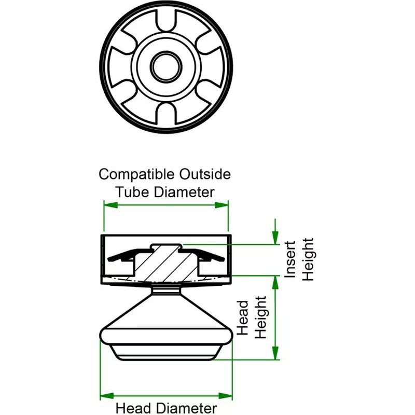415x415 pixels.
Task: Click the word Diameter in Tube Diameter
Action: [x=185, y=191]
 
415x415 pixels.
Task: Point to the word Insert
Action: [x=291, y=259]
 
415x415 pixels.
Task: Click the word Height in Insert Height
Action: [x=308, y=259]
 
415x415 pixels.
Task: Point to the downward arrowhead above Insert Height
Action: [x=275, y=239]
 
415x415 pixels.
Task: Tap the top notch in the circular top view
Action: [x=166, y=22]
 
